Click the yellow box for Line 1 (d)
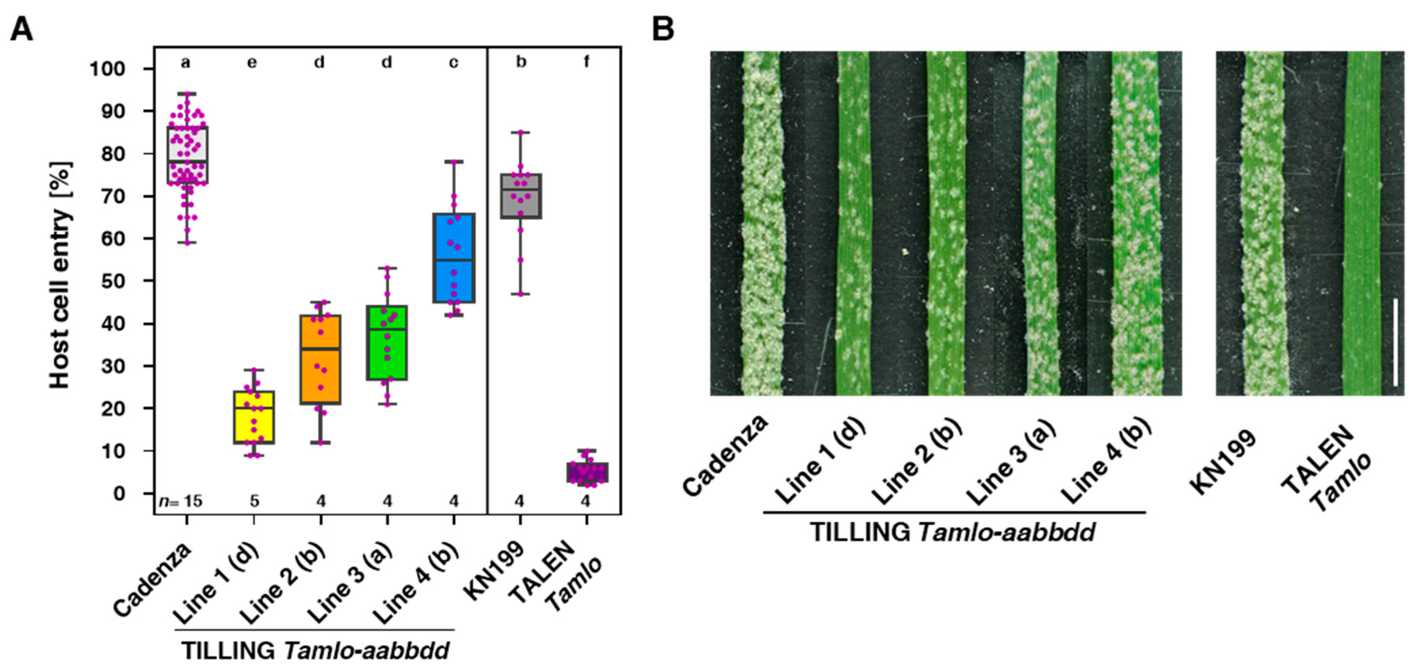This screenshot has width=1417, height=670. tap(254, 417)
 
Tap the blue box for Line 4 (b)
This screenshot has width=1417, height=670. tap(454, 258)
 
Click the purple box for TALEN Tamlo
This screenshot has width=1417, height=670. tap(587, 472)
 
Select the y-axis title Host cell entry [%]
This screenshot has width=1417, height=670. tap(60, 275)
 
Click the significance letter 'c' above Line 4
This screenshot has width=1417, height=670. tap(453, 62)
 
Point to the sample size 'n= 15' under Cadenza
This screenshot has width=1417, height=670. tap(181, 501)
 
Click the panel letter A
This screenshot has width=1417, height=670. tap(22, 29)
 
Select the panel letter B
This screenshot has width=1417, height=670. tap(663, 29)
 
